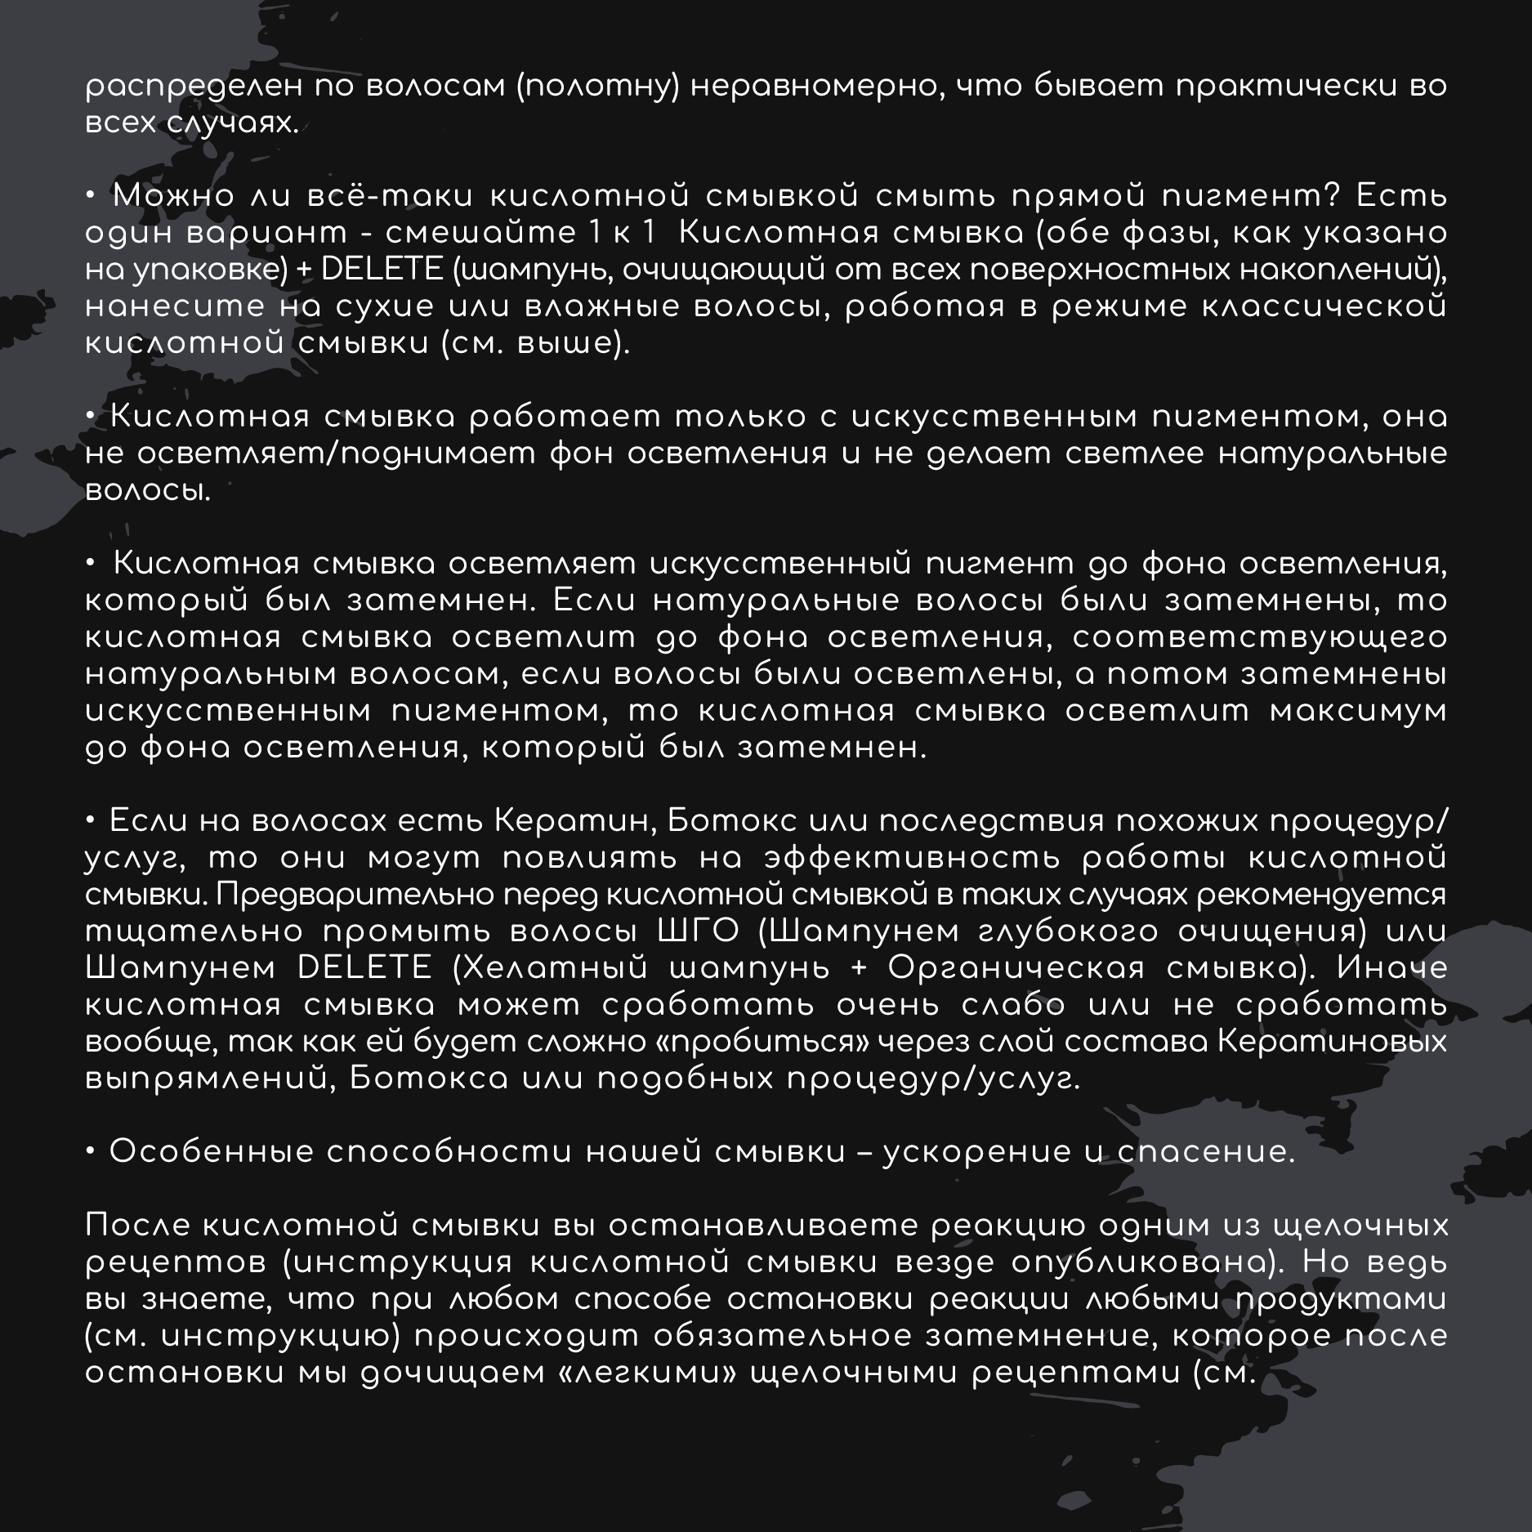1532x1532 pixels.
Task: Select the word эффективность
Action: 913,859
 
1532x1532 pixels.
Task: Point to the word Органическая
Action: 1015,969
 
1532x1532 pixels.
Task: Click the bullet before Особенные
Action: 92,1153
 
